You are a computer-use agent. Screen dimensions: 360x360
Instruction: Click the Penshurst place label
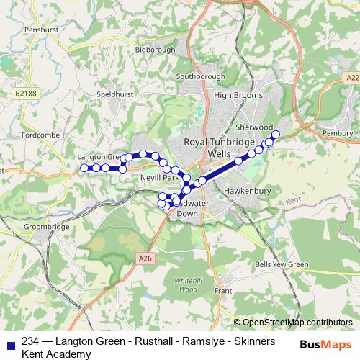coord(24,30)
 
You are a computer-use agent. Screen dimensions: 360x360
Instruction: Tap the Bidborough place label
coord(155,50)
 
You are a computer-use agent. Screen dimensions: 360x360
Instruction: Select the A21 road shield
coord(352,77)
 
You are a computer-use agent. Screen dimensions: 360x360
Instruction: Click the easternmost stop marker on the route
coord(275,134)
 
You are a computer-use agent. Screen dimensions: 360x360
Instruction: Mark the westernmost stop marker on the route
coord(84,168)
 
